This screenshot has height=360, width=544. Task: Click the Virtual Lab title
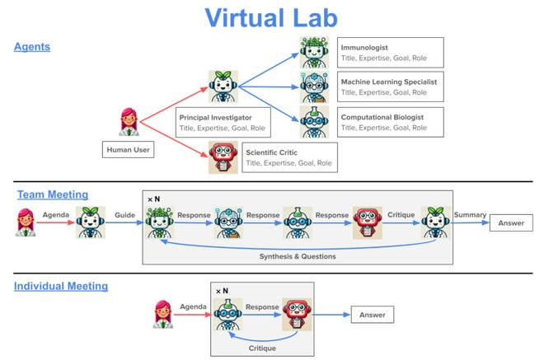[271, 17]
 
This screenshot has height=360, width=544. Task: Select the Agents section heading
[32, 46]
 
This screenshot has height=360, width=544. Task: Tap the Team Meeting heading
[53, 194]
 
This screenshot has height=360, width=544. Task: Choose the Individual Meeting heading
[61, 286]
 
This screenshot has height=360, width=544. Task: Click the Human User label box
[128, 149]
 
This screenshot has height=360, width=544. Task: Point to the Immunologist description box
[391, 53]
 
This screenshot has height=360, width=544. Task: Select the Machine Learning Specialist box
[391, 86]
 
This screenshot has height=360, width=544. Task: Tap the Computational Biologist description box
[391, 122]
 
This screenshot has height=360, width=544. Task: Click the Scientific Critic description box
[289, 157]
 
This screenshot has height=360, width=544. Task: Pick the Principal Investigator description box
[223, 123]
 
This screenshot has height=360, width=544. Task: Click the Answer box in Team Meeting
[511, 222]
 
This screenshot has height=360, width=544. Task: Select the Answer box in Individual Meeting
[373, 315]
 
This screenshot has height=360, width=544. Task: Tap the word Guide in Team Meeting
[125, 215]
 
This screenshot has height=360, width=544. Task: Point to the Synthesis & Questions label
[298, 256]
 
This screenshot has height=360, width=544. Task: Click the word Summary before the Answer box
[470, 215]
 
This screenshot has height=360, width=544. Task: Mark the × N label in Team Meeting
[153, 199]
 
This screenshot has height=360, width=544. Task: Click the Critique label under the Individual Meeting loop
[262, 348]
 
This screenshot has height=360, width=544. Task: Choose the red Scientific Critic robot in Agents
[223, 157]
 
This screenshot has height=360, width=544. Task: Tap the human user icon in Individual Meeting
[163, 314]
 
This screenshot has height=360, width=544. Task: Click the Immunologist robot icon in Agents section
[314, 53]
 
